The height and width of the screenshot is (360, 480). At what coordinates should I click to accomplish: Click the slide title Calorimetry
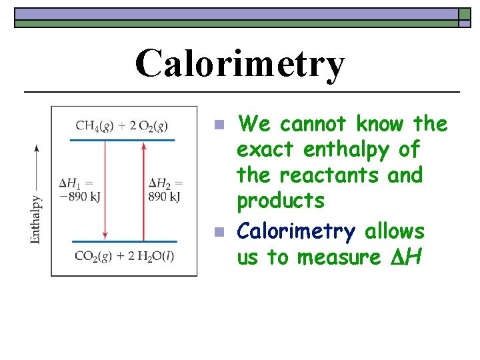(240, 65)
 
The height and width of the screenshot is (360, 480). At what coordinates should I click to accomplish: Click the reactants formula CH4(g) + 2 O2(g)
(121, 125)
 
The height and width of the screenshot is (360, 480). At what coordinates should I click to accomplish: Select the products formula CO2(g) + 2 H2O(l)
(125, 255)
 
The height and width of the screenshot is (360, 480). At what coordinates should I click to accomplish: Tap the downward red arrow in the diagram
(105, 190)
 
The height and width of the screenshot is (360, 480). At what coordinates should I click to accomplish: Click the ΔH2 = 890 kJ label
(165, 189)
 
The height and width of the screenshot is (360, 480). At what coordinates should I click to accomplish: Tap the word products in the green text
(281, 201)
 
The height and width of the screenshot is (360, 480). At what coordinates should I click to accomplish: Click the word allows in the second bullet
(394, 231)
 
